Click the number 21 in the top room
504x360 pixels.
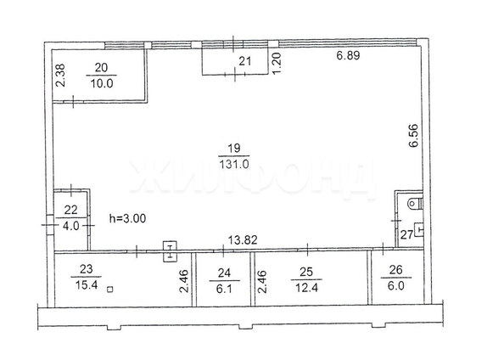point(244,59)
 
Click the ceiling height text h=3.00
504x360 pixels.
point(128,218)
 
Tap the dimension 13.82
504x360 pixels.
point(246,241)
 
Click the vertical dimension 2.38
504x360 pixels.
point(59,78)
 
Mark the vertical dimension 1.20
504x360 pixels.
point(275,61)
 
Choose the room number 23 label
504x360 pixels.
point(88,274)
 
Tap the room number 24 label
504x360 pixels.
point(225,274)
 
